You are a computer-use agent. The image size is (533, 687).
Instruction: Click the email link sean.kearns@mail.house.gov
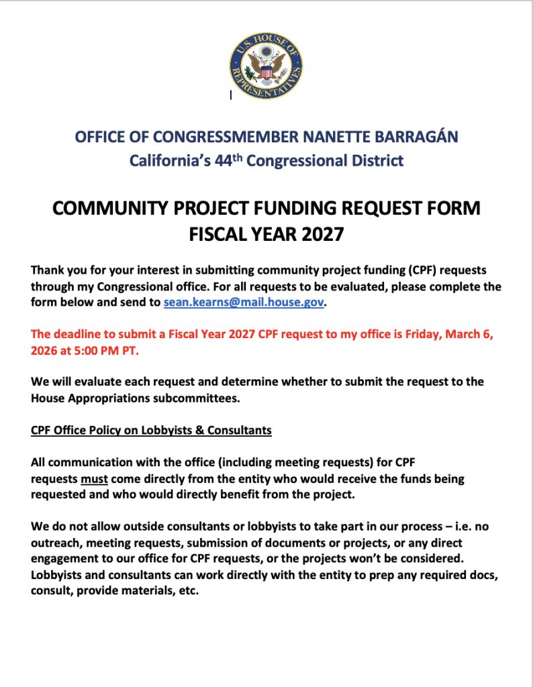244,303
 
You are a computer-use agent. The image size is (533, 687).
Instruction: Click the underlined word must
95,479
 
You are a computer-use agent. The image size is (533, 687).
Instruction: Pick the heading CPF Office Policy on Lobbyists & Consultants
151,429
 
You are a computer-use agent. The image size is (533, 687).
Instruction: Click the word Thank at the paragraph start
48,270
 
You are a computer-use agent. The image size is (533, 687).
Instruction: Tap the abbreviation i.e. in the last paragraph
454,527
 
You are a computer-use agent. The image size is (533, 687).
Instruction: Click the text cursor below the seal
230,95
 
